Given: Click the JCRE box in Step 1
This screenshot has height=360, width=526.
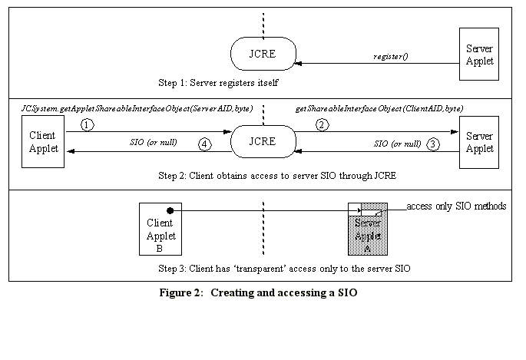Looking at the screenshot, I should click(263, 55).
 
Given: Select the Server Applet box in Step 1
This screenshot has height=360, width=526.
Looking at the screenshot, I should click(480, 55).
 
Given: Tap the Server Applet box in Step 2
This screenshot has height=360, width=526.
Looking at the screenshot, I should click(480, 142).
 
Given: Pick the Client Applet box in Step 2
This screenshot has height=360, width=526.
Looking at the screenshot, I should click(42, 142).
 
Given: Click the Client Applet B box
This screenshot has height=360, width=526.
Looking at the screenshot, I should click(160, 229).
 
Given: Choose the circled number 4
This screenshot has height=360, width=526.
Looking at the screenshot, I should click(204, 144).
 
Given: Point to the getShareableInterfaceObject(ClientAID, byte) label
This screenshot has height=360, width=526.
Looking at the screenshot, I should click(379, 109).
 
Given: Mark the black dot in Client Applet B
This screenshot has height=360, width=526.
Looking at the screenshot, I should click(170, 209).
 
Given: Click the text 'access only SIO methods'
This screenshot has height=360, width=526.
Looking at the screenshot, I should click(456, 206).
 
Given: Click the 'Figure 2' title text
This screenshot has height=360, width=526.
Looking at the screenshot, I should click(259, 292).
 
